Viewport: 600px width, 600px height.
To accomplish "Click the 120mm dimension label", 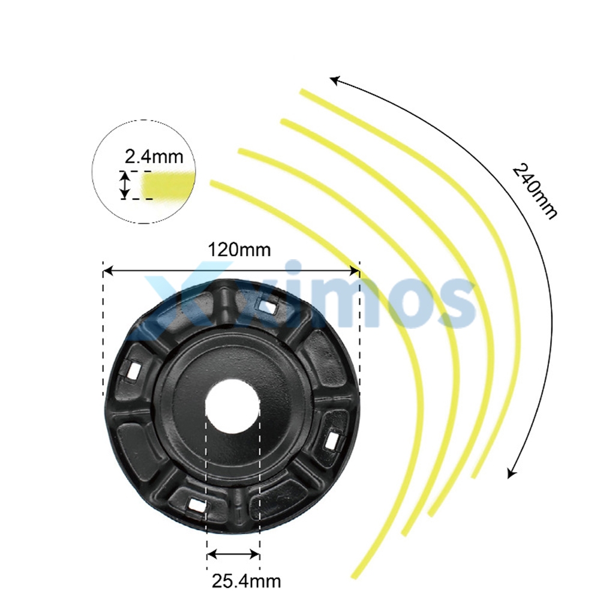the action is point(239,250).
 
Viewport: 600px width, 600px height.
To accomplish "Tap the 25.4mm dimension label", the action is point(247,581).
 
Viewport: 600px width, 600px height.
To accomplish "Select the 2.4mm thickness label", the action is point(154,157).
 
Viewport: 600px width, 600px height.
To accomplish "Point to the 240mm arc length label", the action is point(534,191).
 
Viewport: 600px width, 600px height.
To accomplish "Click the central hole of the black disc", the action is point(233,406).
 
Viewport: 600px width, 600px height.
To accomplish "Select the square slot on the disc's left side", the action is point(133,370).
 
